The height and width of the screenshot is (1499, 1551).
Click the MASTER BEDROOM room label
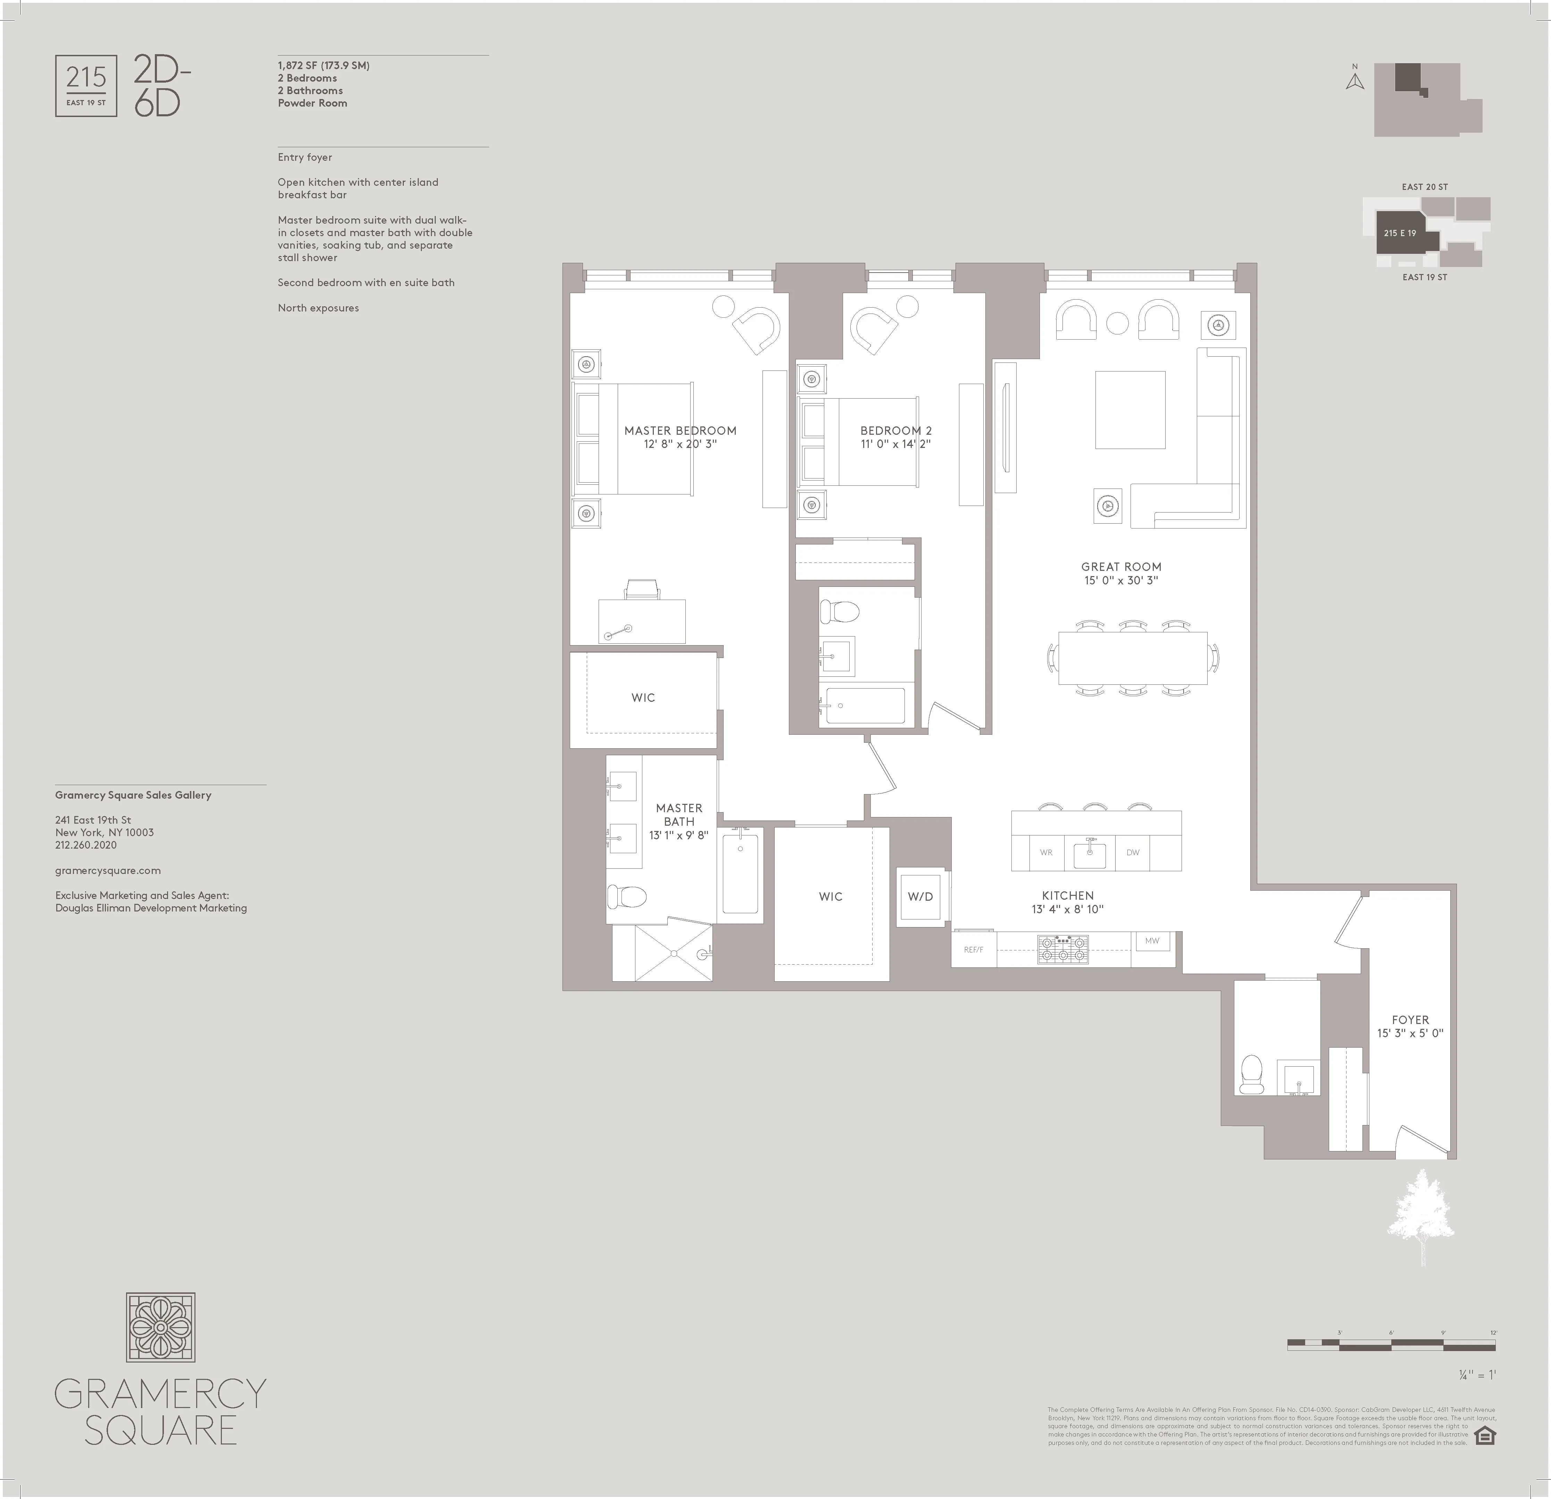pos(680,431)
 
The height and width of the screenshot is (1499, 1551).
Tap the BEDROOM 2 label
pos(896,431)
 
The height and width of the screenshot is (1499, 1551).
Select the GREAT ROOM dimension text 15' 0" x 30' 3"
pos(1121,580)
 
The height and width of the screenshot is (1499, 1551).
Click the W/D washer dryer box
pos(920,897)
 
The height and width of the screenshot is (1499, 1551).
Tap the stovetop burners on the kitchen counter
pos(1063,949)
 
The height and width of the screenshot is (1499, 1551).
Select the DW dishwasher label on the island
pos(1132,852)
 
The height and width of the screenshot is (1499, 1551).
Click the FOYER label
pos(1410,1020)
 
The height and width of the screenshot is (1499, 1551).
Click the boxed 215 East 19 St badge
pos(86,85)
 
